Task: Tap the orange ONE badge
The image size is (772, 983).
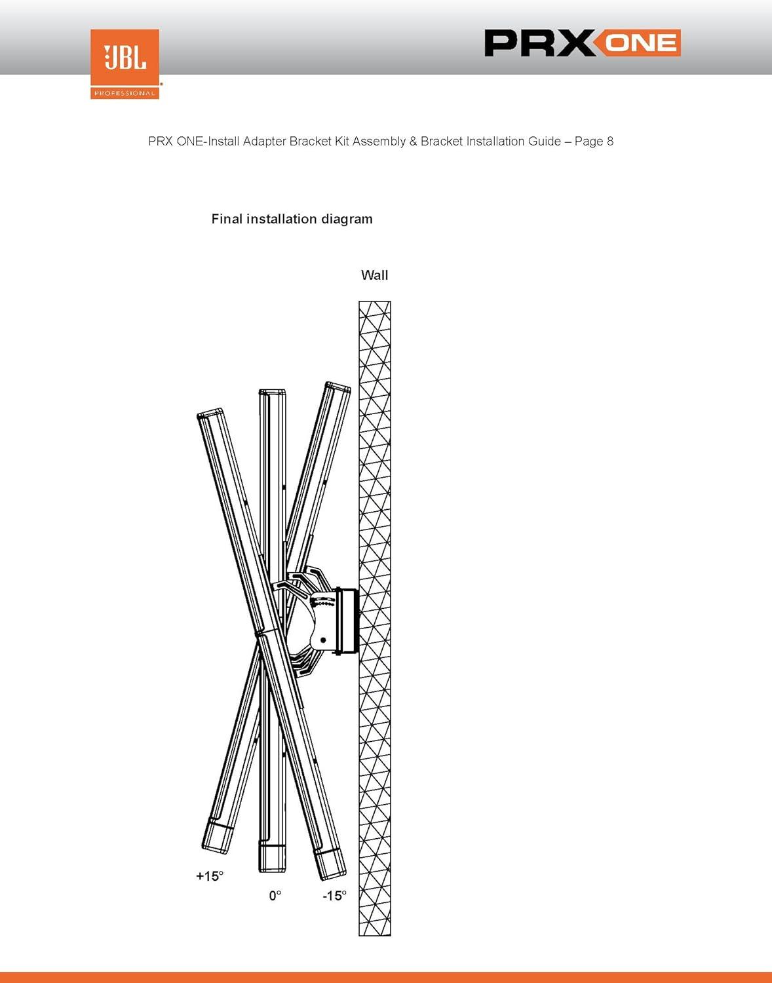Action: (x=640, y=43)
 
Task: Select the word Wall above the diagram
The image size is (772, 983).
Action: (x=374, y=275)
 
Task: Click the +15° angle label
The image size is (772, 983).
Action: (x=210, y=876)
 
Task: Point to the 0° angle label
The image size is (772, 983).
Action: (x=275, y=895)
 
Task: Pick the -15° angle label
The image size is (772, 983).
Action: (x=334, y=895)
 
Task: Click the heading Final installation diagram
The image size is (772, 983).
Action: (x=292, y=219)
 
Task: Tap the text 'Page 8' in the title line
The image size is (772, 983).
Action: (x=594, y=141)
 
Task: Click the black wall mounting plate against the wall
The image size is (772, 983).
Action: (x=347, y=621)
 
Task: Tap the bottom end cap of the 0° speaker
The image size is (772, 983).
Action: (x=272, y=858)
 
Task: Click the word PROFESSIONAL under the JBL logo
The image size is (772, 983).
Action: (x=125, y=93)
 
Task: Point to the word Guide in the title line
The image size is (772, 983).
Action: (x=546, y=141)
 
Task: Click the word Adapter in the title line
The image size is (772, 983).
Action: (x=265, y=141)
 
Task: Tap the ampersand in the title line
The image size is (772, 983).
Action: (x=413, y=141)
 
